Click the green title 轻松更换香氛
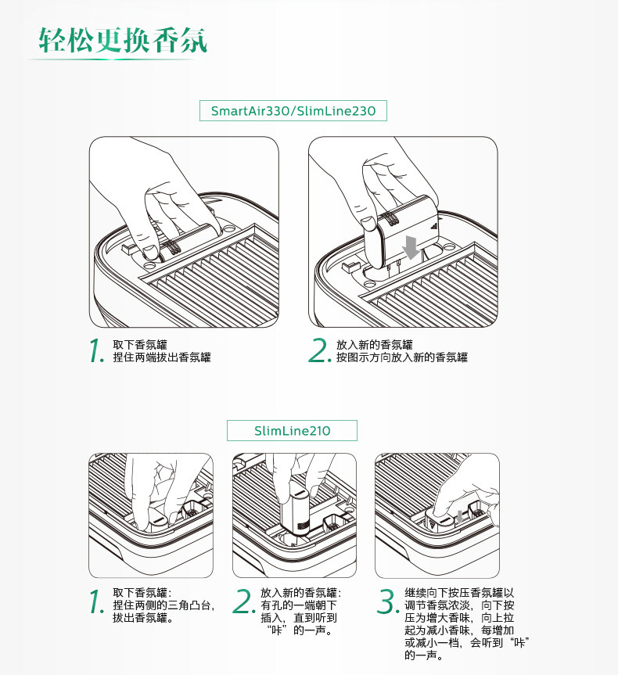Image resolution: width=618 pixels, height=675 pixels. [x=123, y=40]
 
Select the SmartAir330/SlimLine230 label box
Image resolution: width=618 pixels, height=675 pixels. [x=293, y=110]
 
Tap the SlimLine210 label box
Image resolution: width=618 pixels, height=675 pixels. [x=292, y=430]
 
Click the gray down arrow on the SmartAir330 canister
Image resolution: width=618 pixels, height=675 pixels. [x=411, y=247]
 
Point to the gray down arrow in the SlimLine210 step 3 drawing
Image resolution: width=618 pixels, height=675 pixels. [x=460, y=516]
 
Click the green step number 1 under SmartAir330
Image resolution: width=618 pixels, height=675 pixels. [x=96, y=350]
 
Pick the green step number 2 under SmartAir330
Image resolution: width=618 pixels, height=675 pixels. [x=320, y=350]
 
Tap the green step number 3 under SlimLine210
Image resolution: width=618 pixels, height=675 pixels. [x=388, y=601]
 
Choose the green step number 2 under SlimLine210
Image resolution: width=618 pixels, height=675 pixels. [x=244, y=601]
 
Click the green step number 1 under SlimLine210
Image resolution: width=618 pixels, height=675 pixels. [x=96, y=601]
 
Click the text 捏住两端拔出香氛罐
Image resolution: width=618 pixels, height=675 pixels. [x=162, y=357]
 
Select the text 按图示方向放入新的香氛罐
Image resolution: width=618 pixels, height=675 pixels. [x=402, y=357]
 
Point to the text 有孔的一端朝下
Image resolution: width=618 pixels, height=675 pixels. [x=299, y=605]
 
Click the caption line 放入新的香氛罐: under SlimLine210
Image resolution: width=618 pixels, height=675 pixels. [x=300, y=593]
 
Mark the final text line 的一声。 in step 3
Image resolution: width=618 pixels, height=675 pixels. [x=424, y=655]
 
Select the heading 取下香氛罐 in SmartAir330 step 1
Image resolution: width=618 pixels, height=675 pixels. [x=140, y=345]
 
